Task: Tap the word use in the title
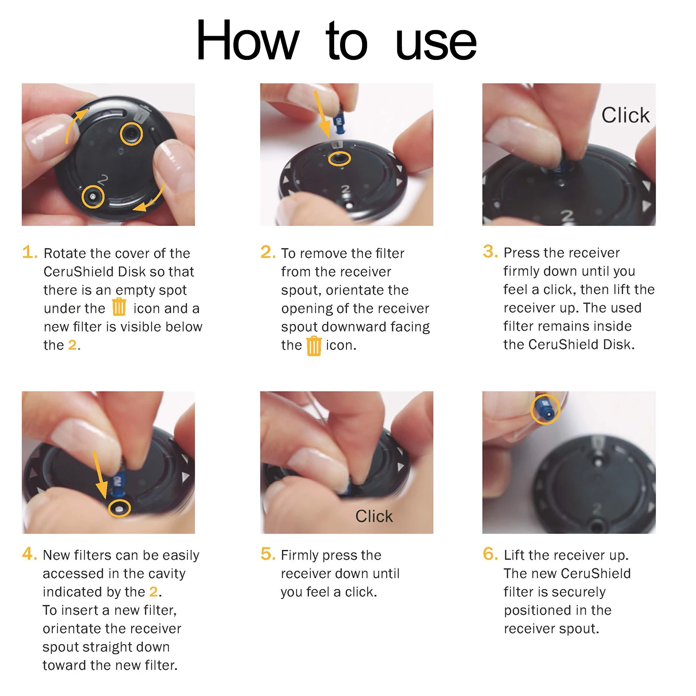coord(436,43)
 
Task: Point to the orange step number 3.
coord(490,251)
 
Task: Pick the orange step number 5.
coord(267,554)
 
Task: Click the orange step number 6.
coord(490,554)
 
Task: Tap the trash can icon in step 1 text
coord(119,307)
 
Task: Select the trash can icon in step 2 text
coord(314,346)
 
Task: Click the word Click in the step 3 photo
coord(625,115)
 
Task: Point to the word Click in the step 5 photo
coord(374,516)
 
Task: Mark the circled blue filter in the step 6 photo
coord(545,409)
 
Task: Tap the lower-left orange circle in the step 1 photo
coord(93,197)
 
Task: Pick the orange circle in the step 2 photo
coord(339,159)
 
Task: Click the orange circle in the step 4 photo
coord(119,509)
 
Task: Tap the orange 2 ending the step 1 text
coord(72,345)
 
